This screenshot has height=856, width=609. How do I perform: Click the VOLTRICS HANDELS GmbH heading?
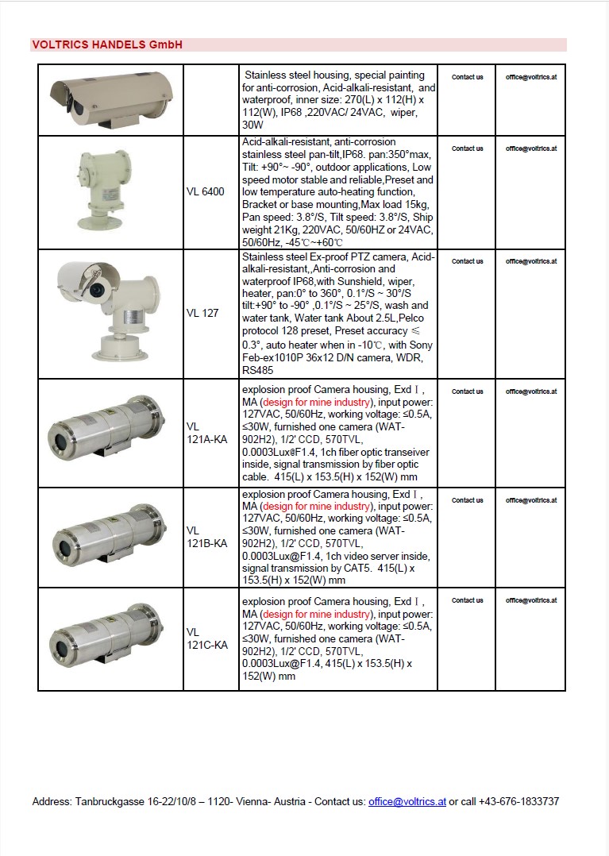[107, 45]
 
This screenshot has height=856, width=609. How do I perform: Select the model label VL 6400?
[206, 191]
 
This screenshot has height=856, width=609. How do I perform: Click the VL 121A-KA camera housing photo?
[110, 433]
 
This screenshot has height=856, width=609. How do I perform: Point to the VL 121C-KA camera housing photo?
[110, 638]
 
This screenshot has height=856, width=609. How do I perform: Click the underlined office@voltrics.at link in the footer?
[407, 802]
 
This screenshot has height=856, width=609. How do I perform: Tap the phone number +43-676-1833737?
[518, 802]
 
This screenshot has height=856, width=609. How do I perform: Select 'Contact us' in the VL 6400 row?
[467, 148]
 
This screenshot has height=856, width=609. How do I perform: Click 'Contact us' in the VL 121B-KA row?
[467, 500]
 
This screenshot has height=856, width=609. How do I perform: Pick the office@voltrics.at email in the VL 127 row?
[530, 261]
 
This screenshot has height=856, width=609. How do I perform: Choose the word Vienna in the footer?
[252, 802]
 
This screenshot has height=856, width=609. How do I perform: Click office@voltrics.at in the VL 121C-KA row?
[530, 600]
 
